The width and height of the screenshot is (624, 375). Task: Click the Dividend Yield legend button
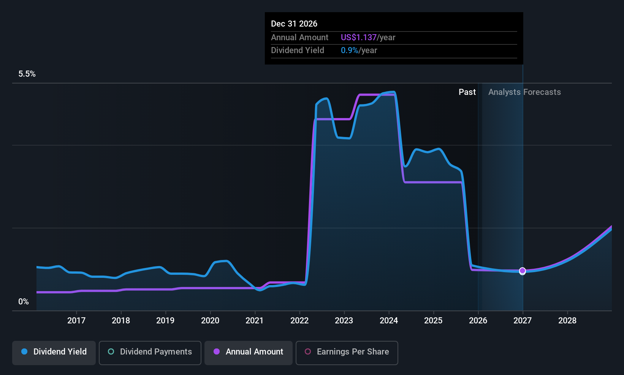[x=54, y=353]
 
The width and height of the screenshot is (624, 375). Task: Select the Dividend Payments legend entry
[x=150, y=353]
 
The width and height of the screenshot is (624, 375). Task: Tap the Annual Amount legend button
[x=248, y=353]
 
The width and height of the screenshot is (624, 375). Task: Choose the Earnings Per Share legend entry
[x=347, y=353]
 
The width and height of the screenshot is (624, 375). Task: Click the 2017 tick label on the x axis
[x=76, y=320]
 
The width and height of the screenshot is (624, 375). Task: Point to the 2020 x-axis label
[x=210, y=320]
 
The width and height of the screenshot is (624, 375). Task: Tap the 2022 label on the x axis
[x=299, y=320]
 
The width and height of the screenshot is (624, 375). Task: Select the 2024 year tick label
[x=389, y=320]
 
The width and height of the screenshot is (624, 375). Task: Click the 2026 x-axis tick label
[x=478, y=320]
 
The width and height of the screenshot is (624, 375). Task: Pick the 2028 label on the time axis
[x=567, y=320]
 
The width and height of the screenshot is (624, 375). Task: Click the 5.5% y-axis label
[x=27, y=74]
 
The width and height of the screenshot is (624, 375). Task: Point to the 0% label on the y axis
[x=24, y=302]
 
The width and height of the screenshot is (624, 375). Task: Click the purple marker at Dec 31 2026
[x=523, y=270]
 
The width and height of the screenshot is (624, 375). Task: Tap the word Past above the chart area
[x=467, y=92]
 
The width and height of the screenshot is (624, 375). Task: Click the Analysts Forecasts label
[x=524, y=92]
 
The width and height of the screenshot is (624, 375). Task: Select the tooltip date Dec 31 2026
[x=294, y=24]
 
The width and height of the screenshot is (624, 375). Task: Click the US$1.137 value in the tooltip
[x=359, y=37]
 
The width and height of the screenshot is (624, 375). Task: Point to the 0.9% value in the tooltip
[x=350, y=50]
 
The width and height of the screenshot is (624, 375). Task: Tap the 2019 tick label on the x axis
[x=165, y=320]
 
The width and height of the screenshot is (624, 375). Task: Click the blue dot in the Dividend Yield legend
[x=25, y=351]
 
